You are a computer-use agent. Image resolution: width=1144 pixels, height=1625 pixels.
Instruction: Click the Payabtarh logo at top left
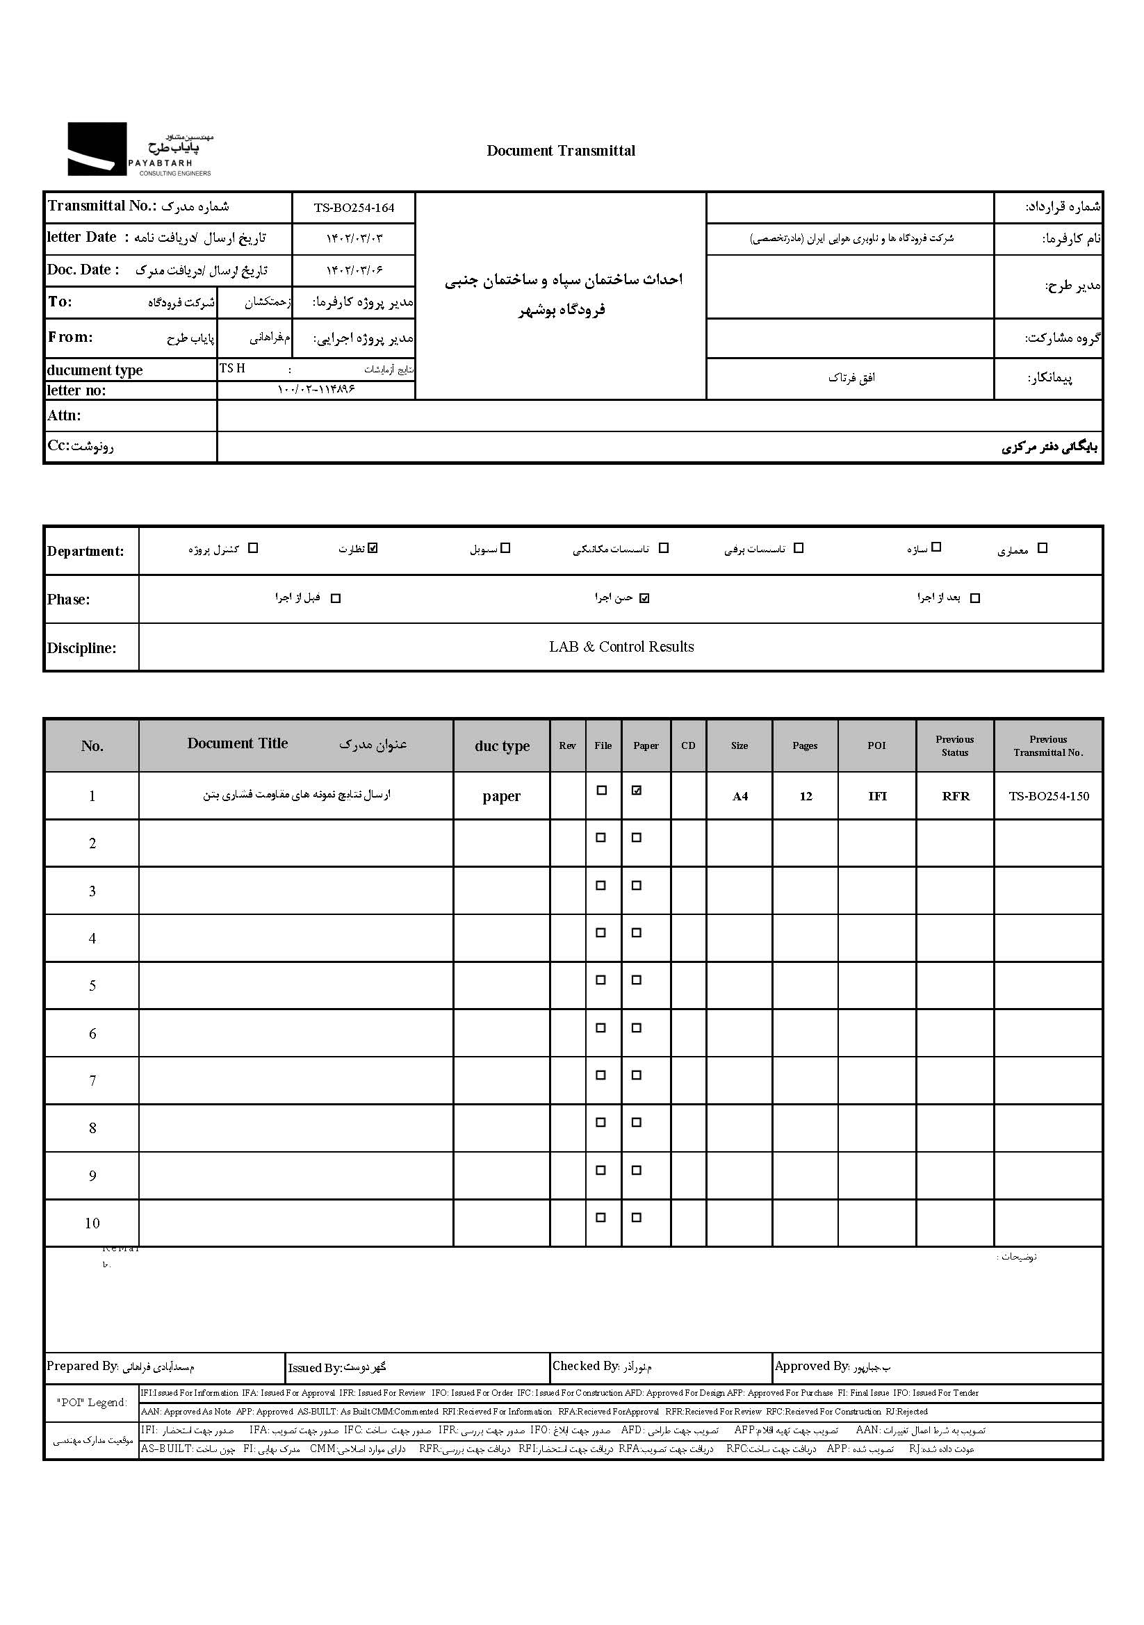click(x=140, y=149)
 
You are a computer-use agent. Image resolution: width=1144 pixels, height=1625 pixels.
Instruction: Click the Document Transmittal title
click(x=561, y=151)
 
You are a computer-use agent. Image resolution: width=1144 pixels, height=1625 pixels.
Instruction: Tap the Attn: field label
click(x=65, y=415)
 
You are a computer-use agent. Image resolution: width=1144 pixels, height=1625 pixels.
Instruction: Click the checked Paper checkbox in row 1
click(x=637, y=791)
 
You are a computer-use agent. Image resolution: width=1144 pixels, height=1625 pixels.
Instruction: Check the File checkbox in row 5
click(x=601, y=980)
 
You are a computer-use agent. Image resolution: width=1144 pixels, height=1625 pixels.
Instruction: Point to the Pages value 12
click(x=806, y=796)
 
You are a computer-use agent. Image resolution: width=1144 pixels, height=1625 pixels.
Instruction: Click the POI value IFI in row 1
click(x=877, y=796)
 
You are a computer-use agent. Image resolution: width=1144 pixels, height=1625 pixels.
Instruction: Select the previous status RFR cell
click(x=955, y=796)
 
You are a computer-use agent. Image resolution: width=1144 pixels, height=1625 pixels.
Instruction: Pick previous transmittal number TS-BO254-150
click(x=1048, y=796)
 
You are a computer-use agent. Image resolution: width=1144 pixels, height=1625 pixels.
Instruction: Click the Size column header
click(x=739, y=746)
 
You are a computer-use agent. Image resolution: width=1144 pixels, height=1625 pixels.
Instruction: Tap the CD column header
click(x=688, y=746)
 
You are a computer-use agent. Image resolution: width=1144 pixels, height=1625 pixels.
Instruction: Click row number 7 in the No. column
click(x=92, y=1081)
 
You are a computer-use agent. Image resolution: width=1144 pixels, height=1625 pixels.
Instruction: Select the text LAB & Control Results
click(x=621, y=647)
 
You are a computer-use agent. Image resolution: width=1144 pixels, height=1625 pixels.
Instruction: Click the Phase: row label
click(x=69, y=600)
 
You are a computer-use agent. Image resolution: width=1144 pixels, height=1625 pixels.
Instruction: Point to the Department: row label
click(x=85, y=552)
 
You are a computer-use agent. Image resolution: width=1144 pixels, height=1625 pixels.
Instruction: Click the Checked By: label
click(x=585, y=1366)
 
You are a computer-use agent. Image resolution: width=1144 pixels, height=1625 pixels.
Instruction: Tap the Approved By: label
click(x=811, y=1366)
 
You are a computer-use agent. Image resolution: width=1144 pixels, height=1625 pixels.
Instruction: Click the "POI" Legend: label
click(x=92, y=1402)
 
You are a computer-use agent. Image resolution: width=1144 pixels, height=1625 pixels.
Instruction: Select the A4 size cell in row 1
click(x=739, y=797)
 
